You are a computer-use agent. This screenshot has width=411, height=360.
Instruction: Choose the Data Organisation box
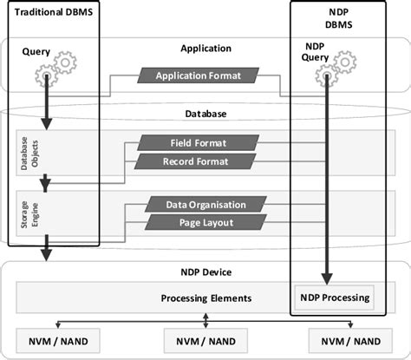click(205, 205)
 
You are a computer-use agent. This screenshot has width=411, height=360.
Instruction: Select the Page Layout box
click(205, 223)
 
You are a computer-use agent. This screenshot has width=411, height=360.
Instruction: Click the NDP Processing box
click(335, 298)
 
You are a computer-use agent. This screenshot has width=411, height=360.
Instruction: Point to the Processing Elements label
click(206, 298)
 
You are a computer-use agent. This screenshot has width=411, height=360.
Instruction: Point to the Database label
click(205, 114)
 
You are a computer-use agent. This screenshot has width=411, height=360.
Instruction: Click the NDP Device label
click(205, 271)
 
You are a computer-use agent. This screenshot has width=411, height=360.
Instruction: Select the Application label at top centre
click(205, 49)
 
